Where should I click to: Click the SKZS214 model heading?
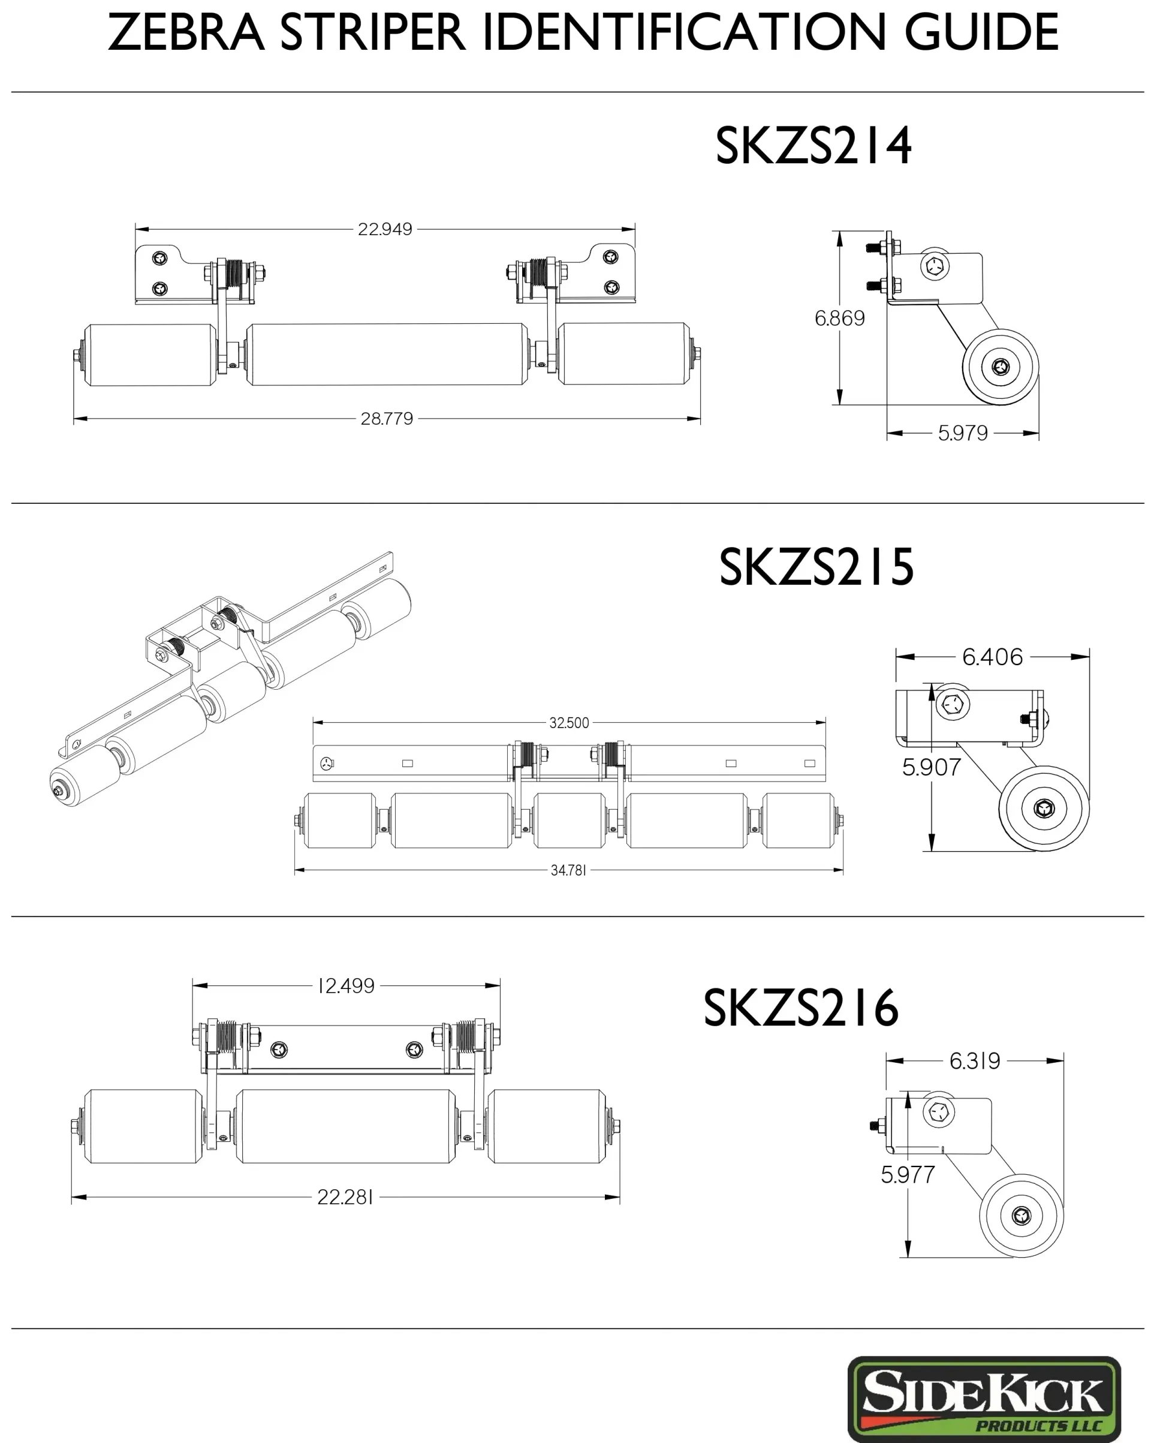tap(813, 145)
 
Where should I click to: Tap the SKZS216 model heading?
tap(800, 1008)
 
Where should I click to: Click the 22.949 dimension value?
tap(385, 229)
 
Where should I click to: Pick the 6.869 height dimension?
tap(839, 318)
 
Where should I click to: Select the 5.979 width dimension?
tap(962, 433)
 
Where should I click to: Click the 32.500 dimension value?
tap(569, 723)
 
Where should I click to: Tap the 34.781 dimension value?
tap(568, 870)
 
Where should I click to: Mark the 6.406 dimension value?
tap(992, 657)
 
